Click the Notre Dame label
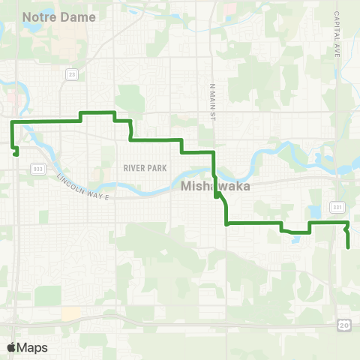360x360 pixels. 61,16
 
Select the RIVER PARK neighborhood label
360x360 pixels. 145,168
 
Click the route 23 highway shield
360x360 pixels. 71,74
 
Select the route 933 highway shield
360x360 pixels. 38,169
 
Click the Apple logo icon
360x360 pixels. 11,347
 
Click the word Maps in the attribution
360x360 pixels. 33,347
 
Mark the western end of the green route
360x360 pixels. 16,154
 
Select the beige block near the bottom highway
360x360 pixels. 70,313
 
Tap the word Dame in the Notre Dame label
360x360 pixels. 79,16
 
